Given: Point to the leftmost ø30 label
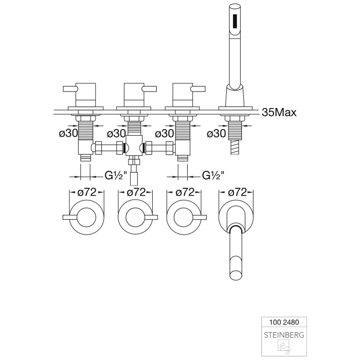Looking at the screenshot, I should (68, 133).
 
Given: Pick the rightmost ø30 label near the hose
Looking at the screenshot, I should (215, 133).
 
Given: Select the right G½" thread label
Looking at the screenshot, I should (212, 174).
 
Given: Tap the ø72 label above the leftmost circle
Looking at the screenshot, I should (86, 192).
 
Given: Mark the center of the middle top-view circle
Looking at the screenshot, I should (136, 216).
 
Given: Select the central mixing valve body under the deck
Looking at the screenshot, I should (135, 147).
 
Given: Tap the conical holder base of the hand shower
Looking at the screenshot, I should (235, 98).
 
